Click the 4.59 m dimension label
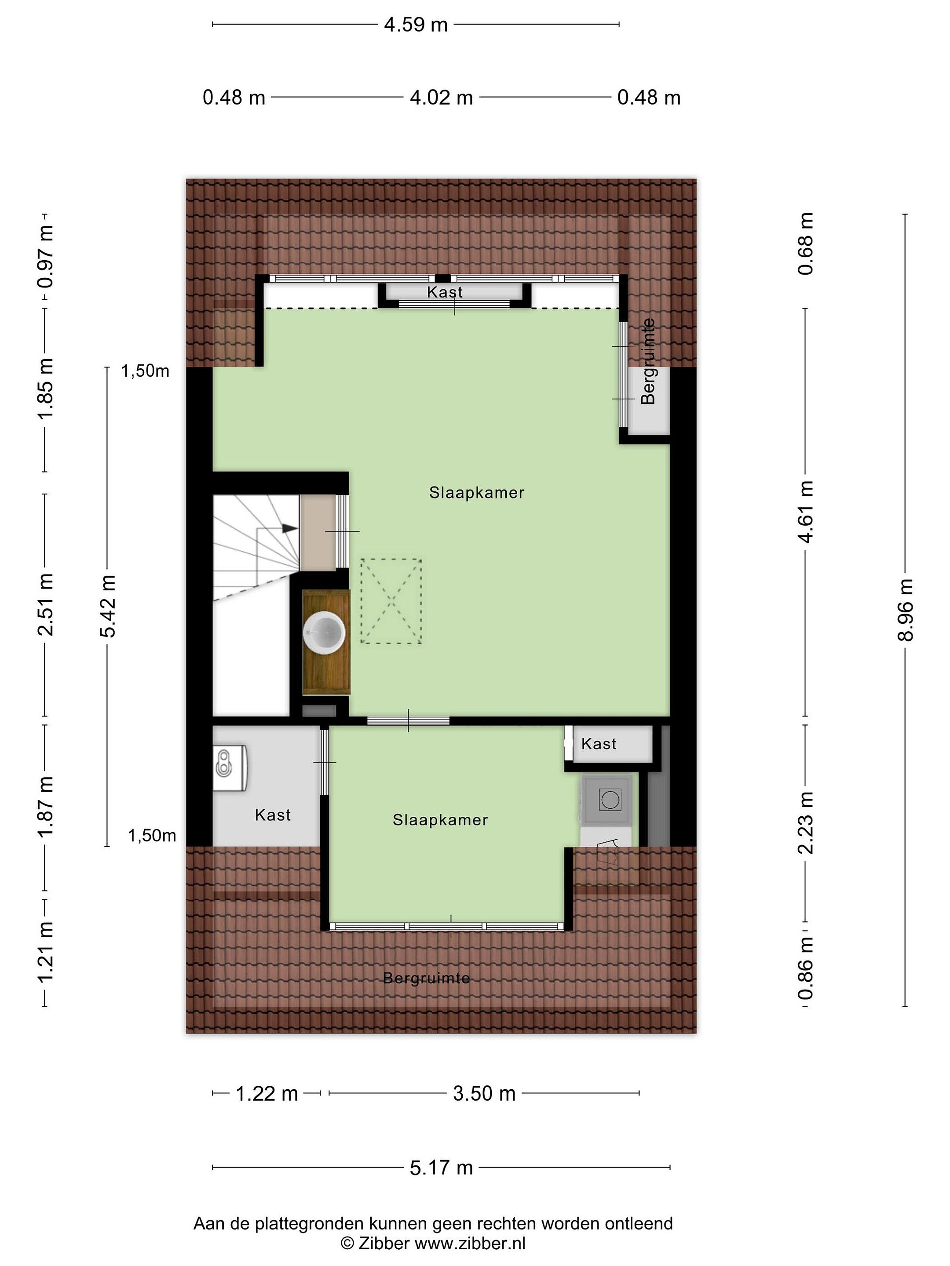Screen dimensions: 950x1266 [415, 25]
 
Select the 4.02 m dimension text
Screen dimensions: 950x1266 [441, 98]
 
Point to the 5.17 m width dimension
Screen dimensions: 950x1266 [441, 1167]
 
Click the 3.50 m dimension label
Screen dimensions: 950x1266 [484, 1093]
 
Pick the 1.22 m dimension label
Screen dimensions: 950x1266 [267, 1093]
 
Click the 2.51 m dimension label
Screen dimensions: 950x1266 [45, 604]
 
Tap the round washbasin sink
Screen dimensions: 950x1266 [324, 632]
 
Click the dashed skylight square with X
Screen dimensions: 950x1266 [391, 601]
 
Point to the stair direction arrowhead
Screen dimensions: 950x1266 [290, 528]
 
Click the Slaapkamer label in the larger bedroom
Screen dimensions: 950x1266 [476, 493]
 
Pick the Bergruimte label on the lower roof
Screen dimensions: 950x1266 [426, 978]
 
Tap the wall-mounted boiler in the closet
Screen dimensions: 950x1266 [230, 768]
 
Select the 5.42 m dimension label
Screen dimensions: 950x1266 [108, 606]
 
